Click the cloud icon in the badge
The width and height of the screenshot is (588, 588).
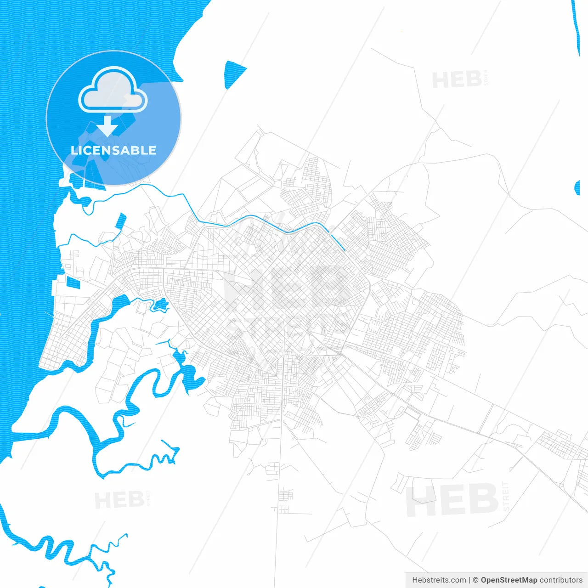pos(113,90)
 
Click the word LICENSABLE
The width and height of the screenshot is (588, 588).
pos(113,150)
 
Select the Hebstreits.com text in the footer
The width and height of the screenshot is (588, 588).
pos(439,580)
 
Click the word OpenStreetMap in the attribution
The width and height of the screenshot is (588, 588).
pos(509,580)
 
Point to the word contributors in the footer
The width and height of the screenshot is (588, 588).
pos(561,580)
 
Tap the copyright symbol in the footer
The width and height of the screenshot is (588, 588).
pos(475,580)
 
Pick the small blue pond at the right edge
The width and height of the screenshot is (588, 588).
pos(577,187)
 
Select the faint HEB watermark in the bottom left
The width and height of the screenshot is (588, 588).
pos(119,500)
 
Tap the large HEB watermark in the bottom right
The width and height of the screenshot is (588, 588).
pos(452,500)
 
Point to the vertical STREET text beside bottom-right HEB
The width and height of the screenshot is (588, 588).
pos(506,497)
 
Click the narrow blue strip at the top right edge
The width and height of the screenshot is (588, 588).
pos(576,28)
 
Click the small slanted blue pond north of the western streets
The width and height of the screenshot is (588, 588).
pos(121,221)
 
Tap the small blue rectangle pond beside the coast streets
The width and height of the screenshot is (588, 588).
pos(73,283)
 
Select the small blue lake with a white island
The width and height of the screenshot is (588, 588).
pos(160,304)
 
